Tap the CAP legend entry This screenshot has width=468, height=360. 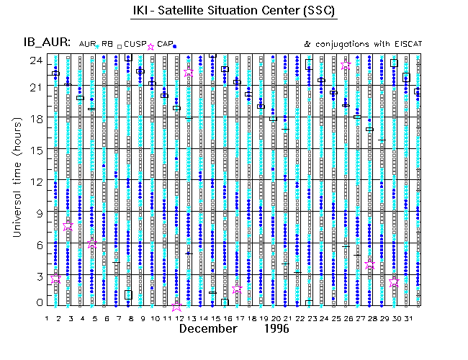pyautogui.click(x=165, y=44)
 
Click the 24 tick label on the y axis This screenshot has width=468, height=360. pyautogui.click(x=35, y=60)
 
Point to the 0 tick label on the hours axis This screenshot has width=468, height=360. pyautogui.click(x=39, y=302)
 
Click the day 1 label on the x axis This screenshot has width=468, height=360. pyautogui.click(x=47, y=317)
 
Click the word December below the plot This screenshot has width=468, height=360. pyautogui.click(x=208, y=329)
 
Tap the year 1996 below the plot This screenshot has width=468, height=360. pyautogui.click(x=276, y=329)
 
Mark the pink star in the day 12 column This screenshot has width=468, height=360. pyautogui.click(x=177, y=306)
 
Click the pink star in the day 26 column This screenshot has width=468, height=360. pyautogui.click(x=346, y=66)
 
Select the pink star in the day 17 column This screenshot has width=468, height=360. pyautogui.click(x=238, y=289)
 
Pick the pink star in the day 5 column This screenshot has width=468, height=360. pyautogui.click(x=92, y=245)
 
